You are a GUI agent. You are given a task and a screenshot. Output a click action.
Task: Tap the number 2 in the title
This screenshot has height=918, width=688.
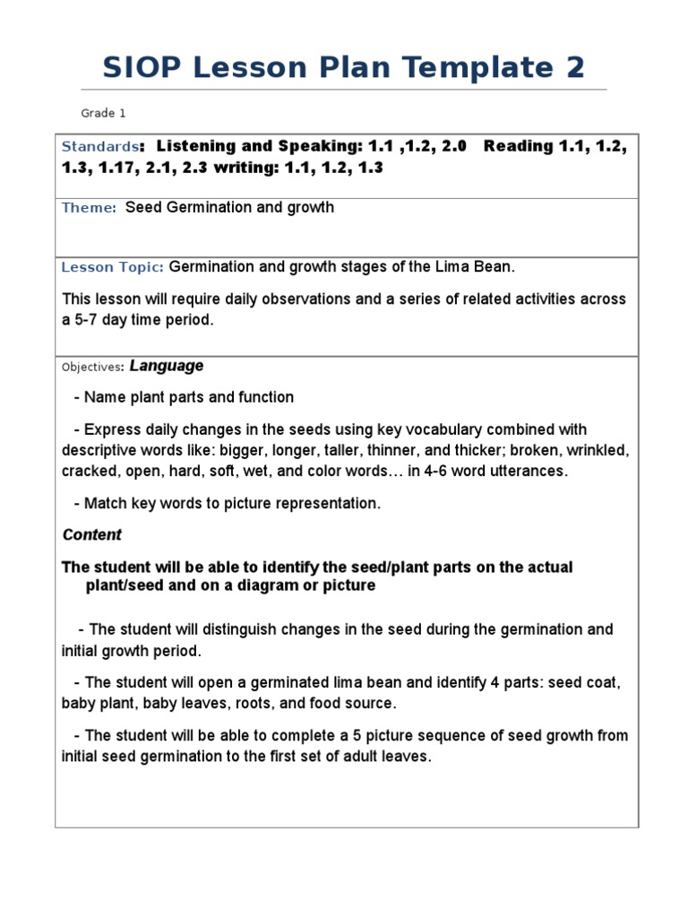(573, 67)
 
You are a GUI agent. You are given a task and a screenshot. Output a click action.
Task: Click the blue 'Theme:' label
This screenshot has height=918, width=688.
(89, 208)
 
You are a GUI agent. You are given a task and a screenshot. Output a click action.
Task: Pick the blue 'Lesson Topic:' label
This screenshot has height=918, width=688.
(112, 267)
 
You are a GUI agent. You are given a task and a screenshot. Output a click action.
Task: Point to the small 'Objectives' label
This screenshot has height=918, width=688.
(91, 367)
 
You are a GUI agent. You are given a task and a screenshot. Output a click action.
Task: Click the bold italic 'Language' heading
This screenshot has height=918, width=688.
(167, 366)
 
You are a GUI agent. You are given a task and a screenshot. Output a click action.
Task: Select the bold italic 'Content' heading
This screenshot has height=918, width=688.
(91, 534)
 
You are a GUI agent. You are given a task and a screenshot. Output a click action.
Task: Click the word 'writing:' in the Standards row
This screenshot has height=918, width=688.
(245, 168)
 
